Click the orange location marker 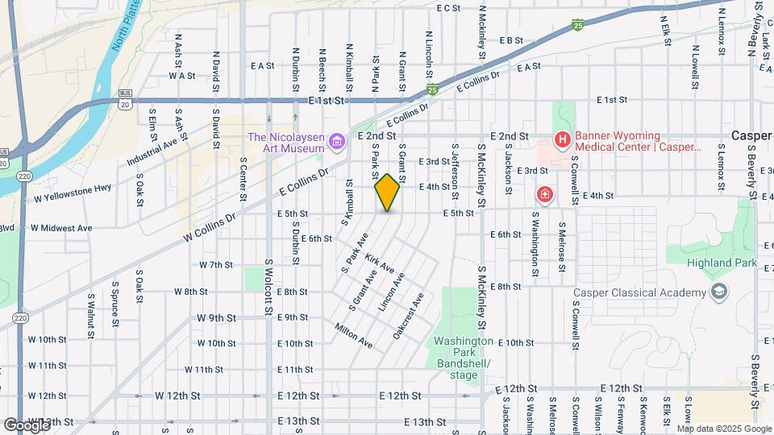click(x=387, y=193)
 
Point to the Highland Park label click(x=722, y=263)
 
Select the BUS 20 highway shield click(x=124, y=100)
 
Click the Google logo click(x=27, y=425)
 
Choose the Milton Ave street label click(x=354, y=335)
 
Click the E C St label click(x=448, y=8)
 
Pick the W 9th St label click(x=215, y=317)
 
